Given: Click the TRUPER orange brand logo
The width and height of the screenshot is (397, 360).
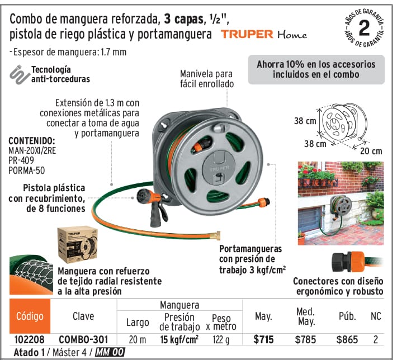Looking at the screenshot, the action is point(247,34).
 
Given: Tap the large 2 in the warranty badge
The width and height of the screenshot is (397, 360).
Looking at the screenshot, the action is point(365,28).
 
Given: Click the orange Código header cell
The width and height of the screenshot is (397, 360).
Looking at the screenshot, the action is point(30,316).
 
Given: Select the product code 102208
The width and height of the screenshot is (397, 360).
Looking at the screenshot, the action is point(30,339).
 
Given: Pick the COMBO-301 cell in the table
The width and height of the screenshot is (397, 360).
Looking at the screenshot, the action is point(83,339).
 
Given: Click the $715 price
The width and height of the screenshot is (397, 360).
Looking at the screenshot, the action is point(263,339).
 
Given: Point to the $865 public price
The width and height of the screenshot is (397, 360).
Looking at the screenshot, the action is point(347,339).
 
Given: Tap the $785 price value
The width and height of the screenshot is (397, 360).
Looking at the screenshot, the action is point(305,339).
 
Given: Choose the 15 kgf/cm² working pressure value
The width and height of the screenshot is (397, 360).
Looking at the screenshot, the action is point(179,339).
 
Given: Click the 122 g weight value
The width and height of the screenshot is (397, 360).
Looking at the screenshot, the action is point(221,339).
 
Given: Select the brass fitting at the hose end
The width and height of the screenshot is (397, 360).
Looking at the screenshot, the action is point(216,236).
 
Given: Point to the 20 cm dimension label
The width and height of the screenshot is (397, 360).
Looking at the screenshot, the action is point(371,151).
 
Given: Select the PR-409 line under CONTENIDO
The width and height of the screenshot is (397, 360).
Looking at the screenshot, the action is point(21,160).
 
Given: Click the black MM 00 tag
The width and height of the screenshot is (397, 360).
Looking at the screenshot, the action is point(110,352).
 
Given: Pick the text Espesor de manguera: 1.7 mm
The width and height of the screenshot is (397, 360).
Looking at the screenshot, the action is point(68,52).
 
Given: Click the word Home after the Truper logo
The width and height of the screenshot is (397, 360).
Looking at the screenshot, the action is point(292,34).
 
